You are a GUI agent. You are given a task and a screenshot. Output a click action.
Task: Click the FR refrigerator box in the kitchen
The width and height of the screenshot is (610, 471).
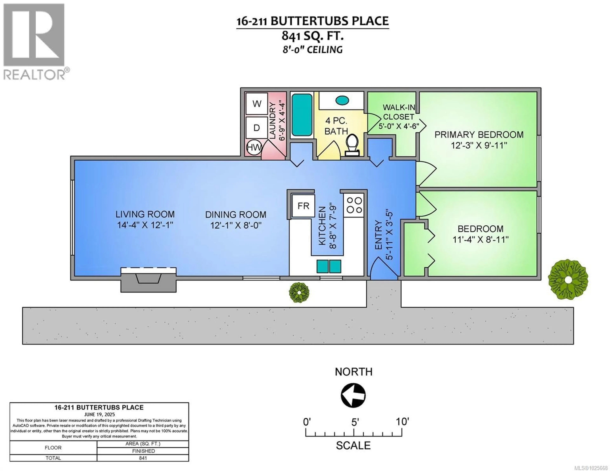tap(303, 206)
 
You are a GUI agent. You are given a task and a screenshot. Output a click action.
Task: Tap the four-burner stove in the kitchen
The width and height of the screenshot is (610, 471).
tap(354, 205)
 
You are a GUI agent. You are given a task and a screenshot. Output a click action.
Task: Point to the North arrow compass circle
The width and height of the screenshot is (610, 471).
tap(353, 395)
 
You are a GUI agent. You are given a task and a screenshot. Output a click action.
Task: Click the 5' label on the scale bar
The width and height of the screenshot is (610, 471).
tap(354, 422)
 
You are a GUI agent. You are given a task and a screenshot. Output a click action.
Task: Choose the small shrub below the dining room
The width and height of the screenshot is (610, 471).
tap(299, 292)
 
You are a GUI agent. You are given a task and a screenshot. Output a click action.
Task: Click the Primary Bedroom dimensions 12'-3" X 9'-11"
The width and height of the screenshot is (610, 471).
tap(479, 145)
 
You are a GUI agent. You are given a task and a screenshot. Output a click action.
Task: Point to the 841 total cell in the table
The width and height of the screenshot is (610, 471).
tap(143, 458)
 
